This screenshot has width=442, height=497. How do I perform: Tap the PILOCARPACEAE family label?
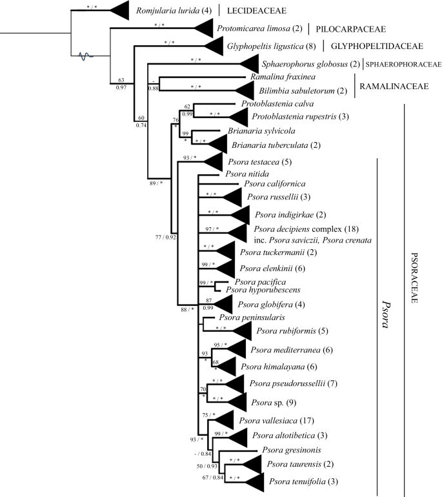click(349, 29)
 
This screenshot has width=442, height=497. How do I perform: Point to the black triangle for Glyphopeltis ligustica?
click(216, 46)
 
